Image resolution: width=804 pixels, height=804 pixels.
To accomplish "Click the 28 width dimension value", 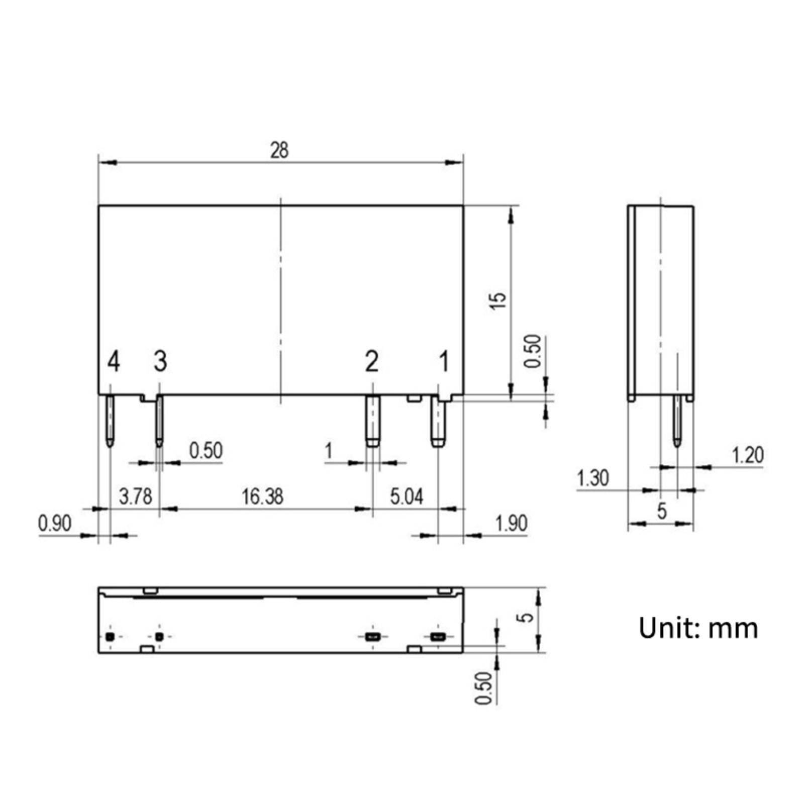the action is click(279, 150).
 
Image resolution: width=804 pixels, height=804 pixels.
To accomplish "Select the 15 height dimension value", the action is click(498, 300).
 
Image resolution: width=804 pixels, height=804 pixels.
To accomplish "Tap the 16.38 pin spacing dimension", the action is click(262, 496).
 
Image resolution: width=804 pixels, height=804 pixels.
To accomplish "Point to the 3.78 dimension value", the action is click(135, 496).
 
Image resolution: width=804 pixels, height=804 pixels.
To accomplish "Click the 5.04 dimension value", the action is click(407, 496).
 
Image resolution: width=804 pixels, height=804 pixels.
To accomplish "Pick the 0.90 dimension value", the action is click(55, 524).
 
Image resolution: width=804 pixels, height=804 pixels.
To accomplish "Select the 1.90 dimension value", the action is click(511, 524).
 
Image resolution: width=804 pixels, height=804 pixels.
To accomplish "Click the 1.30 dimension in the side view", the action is click(593, 478).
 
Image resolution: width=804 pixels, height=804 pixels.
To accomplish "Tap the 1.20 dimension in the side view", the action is click(747, 455).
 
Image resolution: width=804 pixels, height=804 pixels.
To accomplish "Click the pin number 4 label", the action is click(114, 361).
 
